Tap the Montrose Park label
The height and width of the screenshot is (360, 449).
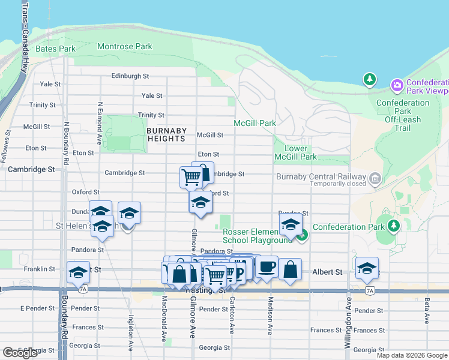click(x=125, y=46)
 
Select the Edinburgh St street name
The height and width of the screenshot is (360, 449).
click(x=130, y=76)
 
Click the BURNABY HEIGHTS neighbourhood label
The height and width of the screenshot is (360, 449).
click(x=166, y=134)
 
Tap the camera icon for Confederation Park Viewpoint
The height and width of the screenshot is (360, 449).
click(x=397, y=85)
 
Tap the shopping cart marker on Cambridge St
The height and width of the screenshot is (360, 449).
click(x=191, y=178)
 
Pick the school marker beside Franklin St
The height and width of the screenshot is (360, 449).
click(x=78, y=272)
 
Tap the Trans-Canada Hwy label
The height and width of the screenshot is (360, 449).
click(x=25, y=36)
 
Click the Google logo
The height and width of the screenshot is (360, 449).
click(x=20, y=353)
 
